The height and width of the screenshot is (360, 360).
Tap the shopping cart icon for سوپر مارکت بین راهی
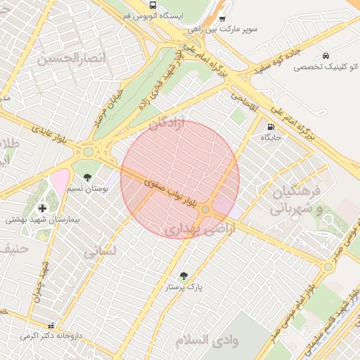click(x=223, y=20)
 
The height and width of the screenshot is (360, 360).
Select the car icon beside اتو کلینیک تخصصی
click(x=326, y=56)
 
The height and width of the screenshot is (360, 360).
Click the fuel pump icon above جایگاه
click(x=271, y=127)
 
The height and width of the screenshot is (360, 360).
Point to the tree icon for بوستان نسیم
click(x=87, y=177)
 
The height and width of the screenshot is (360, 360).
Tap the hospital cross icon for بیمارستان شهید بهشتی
click(x=43, y=208)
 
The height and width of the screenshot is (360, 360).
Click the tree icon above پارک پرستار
click(x=184, y=276)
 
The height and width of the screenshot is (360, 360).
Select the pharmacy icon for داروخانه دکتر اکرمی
click(x=51, y=326)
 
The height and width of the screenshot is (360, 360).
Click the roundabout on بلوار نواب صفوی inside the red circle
click(x=205, y=210)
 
